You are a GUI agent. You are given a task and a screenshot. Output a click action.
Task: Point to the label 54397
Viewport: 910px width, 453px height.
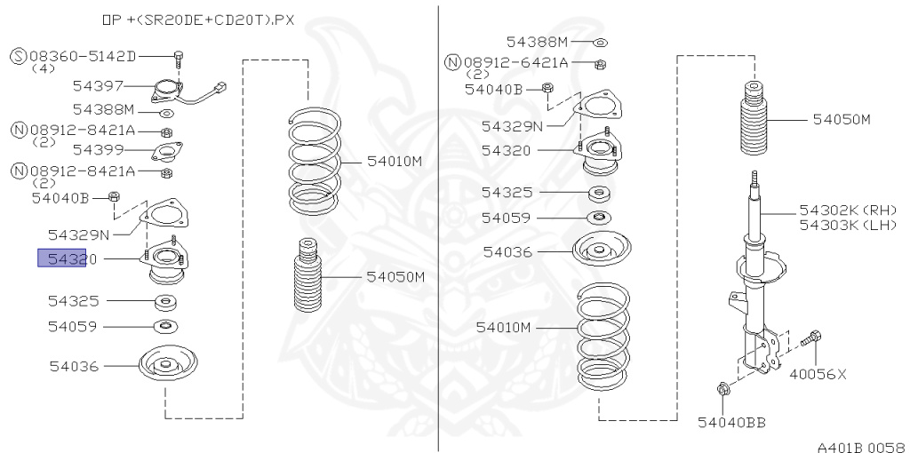coord(97,86)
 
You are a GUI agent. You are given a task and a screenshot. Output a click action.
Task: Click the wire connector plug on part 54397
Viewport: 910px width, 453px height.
coord(221,87)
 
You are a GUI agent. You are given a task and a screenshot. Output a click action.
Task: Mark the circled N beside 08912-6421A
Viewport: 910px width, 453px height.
coord(452,63)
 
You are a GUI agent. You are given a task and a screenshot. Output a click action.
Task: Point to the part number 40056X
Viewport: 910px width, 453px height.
coord(818,374)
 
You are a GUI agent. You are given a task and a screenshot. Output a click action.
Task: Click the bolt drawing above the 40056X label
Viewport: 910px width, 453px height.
coord(812,339)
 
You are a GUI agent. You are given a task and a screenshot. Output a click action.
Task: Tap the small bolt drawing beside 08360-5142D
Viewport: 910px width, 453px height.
coord(179,59)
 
